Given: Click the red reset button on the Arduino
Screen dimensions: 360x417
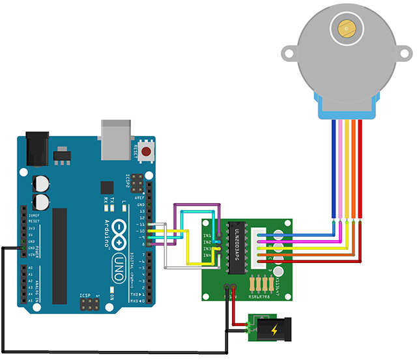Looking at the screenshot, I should pyautogui.click(x=146, y=152).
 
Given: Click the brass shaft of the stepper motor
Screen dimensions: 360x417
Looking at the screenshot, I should pyautogui.click(x=346, y=27).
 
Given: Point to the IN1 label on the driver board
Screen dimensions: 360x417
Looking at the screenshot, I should pyautogui.click(x=207, y=234).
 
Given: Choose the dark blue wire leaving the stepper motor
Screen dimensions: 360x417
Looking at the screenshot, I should pyautogui.click(x=334, y=169).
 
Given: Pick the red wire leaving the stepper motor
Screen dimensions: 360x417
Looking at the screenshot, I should pyautogui.click(x=360, y=169).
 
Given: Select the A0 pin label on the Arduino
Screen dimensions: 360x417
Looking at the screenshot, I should pyautogui.click(x=29, y=268).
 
